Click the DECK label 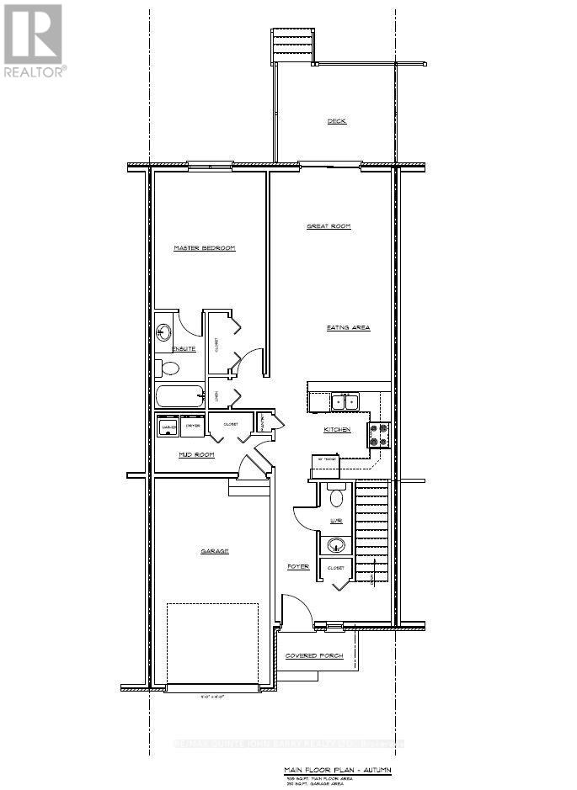(x=336, y=121)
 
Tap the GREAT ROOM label (x=328, y=226)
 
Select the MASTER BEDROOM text (x=204, y=248)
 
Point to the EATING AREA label (x=348, y=327)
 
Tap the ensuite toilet (x=169, y=368)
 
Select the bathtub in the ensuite (x=179, y=396)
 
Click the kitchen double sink (x=345, y=402)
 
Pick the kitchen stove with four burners (x=377, y=434)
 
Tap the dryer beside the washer (x=193, y=427)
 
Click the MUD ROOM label (x=196, y=454)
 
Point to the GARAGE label (x=214, y=551)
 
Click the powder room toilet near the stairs (x=337, y=497)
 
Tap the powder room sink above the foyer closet (x=337, y=544)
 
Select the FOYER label (x=298, y=567)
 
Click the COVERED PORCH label (x=314, y=655)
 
